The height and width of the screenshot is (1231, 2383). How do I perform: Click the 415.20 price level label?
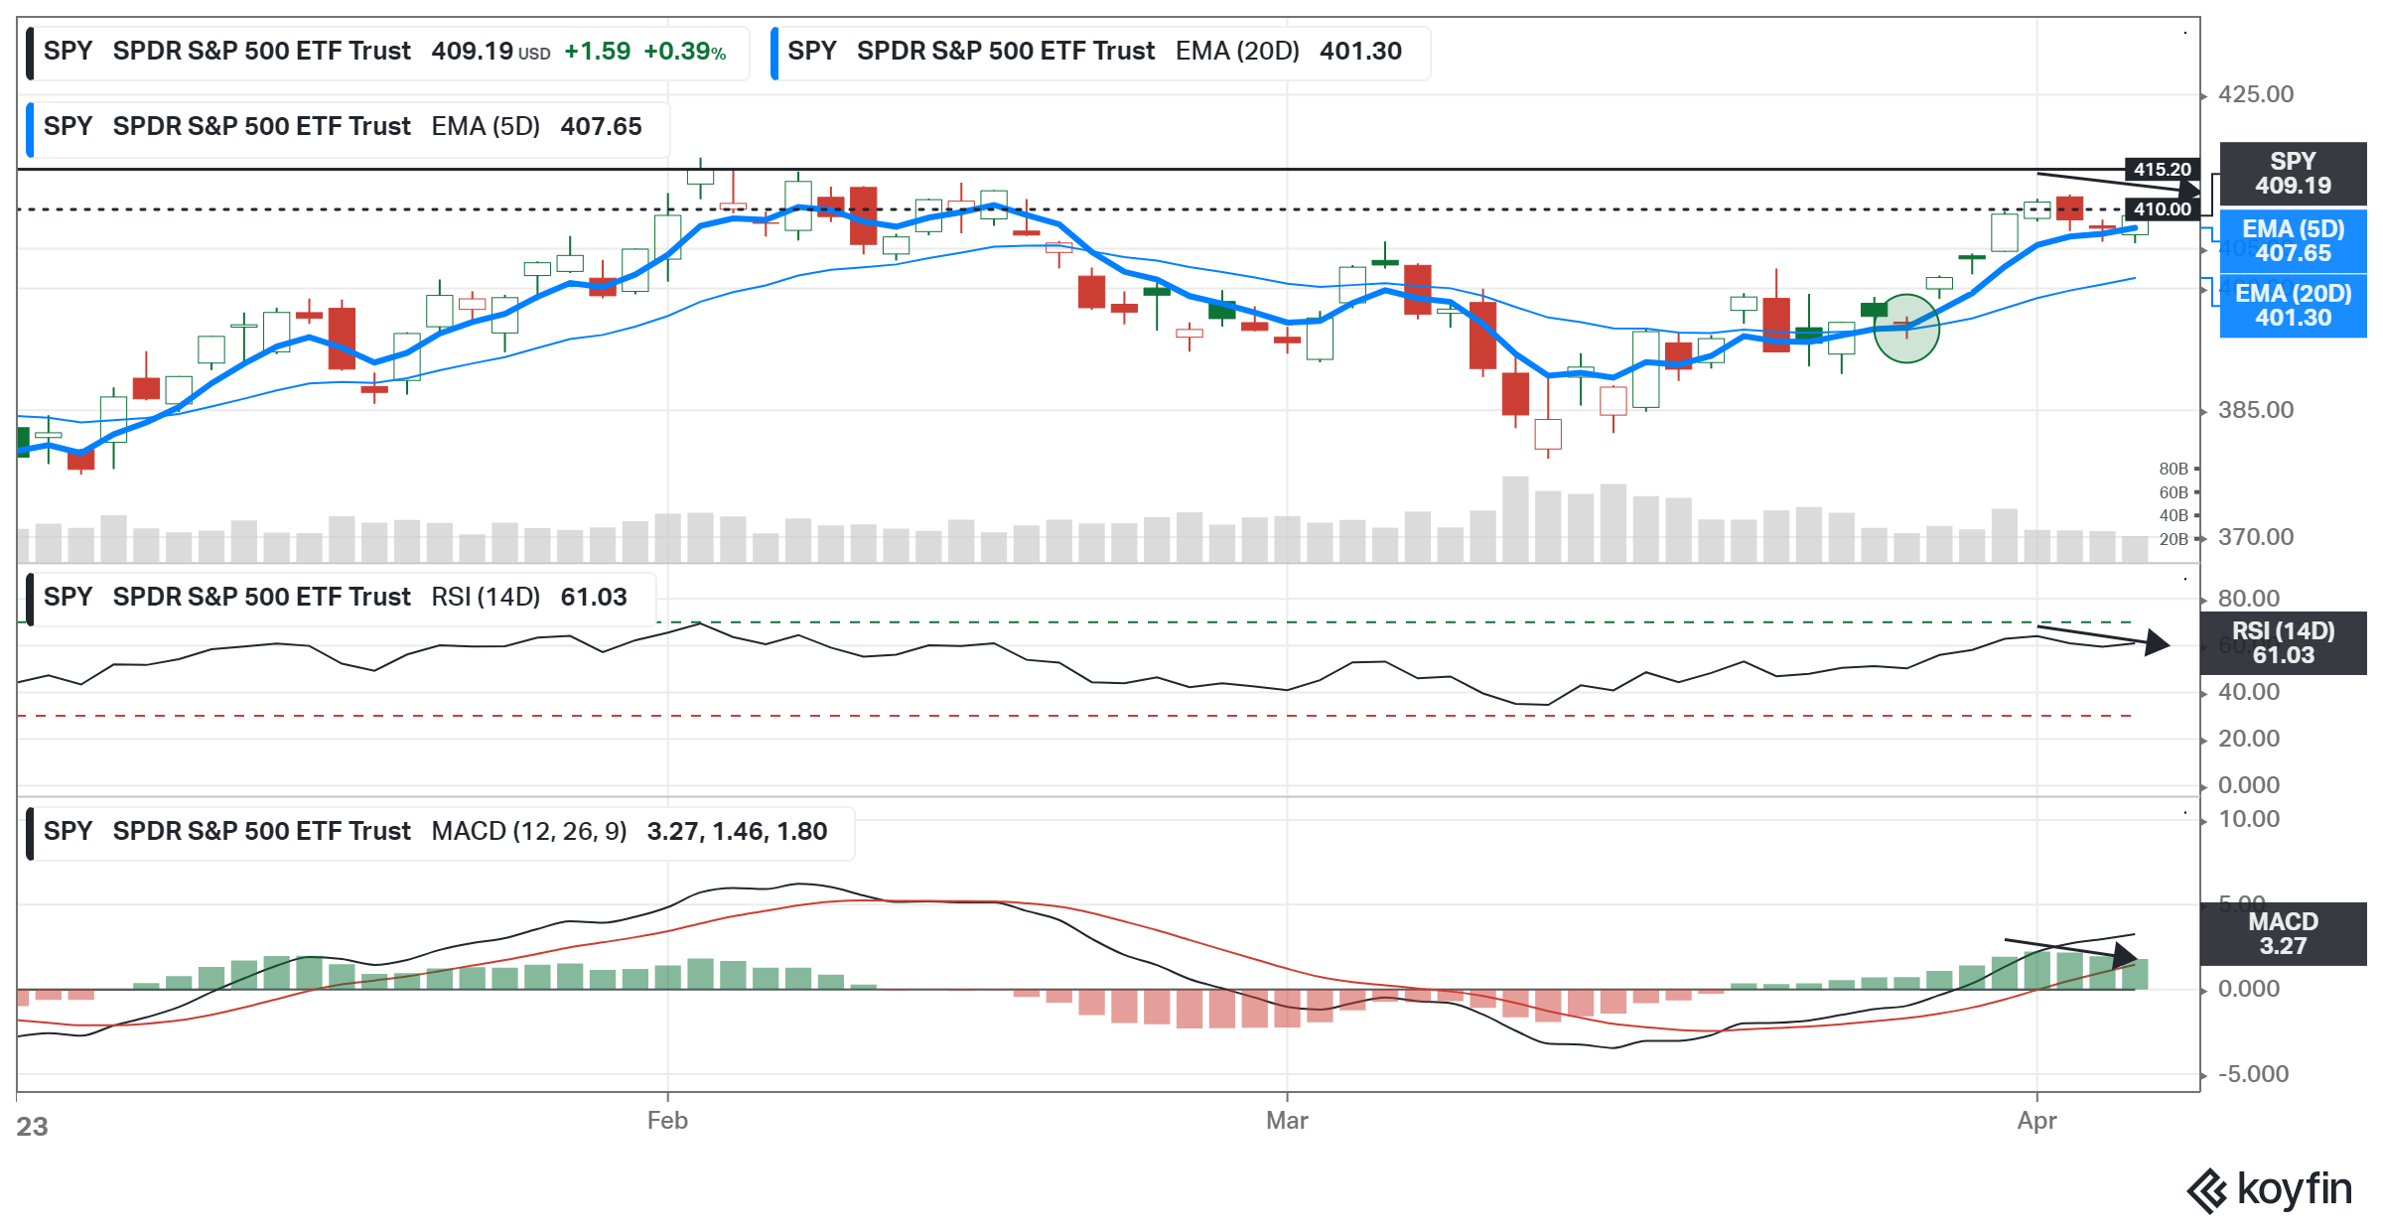click(x=2162, y=170)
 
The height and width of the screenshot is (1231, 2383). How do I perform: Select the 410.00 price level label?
click(x=2162, y=209)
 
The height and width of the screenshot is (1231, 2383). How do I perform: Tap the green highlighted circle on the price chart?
click(x=1905, y=329)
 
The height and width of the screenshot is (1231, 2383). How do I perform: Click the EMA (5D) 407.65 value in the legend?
click(x=601, y=127)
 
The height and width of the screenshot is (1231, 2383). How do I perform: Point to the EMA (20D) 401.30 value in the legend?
click(x=1360, y=52)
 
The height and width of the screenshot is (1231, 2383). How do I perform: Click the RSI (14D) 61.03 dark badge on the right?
click(x=2283, y=643)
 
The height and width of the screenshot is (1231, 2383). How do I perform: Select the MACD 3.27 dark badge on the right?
click(x=2283, y=934)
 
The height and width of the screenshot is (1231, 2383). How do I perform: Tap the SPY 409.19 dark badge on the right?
click(x=2292, y=174)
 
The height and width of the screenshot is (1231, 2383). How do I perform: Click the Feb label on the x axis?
click(x=667, y=1121)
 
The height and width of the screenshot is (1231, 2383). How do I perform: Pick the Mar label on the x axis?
click(x=1287, y=1121)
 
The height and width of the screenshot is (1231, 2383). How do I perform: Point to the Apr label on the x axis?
click(x=2036, y=1121)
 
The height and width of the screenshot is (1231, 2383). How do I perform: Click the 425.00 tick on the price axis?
click(x=2256, y=94)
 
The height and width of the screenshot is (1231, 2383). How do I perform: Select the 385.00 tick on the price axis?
click(x=2256, y=410)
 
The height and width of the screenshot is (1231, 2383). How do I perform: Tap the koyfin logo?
click(x=2269, y=1190)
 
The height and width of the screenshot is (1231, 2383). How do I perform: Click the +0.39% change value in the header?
click(x=684, y=52)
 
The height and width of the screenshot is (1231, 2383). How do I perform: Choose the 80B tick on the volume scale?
click(x=2173, y=469)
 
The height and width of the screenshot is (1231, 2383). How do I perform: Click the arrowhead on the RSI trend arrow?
click(x=2157, y=643)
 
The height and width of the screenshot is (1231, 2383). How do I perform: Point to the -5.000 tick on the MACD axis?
click(x=2253, y=1074)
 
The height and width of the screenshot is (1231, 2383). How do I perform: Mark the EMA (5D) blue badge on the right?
click(x=2292, y=241)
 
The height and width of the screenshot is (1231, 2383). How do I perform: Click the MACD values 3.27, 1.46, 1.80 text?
click(x=737, y=832)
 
